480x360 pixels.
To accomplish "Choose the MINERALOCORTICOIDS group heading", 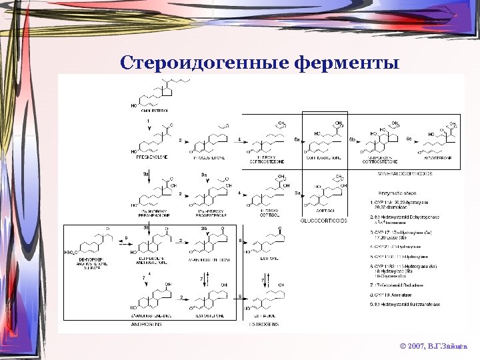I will click(407, 173).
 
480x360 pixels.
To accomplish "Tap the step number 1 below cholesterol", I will click(149, 120).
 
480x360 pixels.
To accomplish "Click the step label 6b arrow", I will click(352, 139).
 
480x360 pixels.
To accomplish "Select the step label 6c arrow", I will click(409, 139).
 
